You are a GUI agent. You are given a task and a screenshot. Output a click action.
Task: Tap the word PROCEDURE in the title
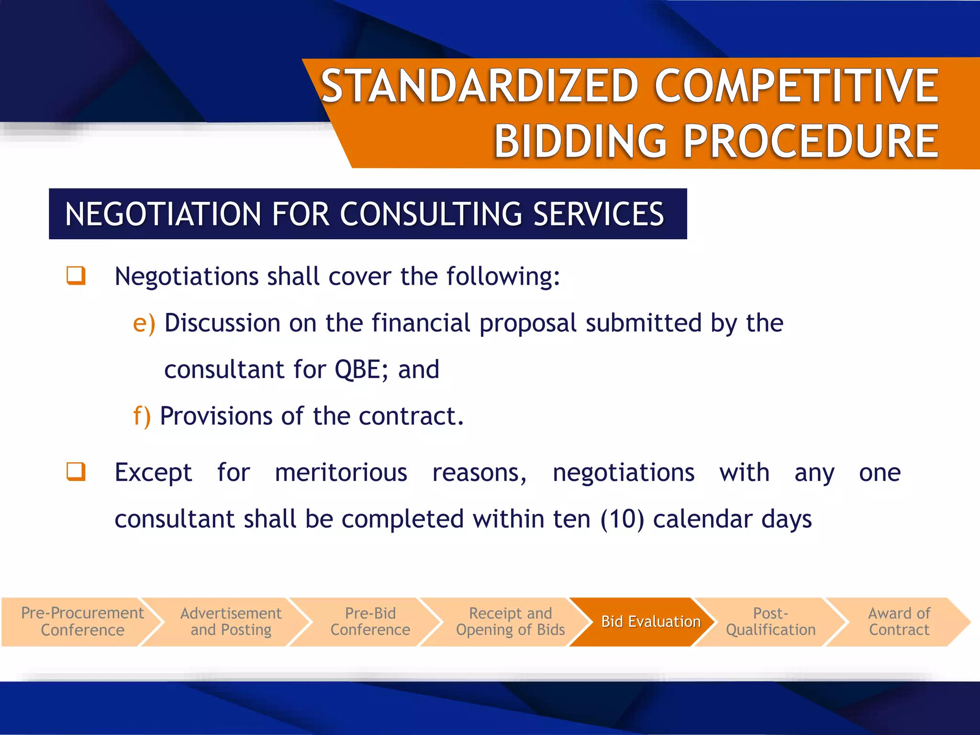click(x=811, y=142)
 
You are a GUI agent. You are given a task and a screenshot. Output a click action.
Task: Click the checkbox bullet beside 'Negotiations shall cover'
click(x=76, y=276)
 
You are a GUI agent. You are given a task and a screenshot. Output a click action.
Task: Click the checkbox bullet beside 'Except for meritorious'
click(x=76, y=472)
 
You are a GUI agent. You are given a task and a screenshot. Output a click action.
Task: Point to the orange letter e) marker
click(x=144, y=323)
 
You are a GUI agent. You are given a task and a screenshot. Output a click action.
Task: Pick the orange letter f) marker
click(x=142, y=416)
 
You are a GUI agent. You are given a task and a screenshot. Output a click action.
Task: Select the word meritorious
click(x=341, y=473)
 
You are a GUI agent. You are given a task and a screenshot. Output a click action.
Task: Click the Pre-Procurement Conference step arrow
click(x=82, y=622)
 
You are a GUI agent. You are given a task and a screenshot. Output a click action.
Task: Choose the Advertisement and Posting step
click(x=231, y=622)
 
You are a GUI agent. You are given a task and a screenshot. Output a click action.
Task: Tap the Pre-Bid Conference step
click(x=370, y=622)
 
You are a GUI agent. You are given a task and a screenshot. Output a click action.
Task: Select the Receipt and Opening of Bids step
click(x=510, y=622)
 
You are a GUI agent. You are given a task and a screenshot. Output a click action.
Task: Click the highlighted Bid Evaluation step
click(x=650, y=622)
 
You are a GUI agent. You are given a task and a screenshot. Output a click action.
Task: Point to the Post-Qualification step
click(x=770, y=622)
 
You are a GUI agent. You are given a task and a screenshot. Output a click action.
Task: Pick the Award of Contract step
click(x=899, y=622)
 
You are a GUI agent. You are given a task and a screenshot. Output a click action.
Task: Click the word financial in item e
click(x=421, y=323)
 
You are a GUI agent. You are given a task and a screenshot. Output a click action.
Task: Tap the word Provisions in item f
click(x=216, y=416)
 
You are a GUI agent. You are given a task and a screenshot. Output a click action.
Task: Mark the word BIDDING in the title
click(x=580, y=142)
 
